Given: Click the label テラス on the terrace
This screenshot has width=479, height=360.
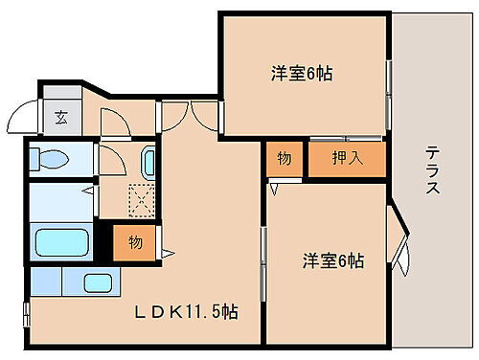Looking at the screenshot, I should pos(431,169).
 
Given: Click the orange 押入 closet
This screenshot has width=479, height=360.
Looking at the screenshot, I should pos(347,159).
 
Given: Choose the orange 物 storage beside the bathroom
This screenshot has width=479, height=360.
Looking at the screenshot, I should pos(135,242).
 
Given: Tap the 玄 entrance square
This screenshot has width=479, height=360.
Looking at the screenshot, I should pos(60,119).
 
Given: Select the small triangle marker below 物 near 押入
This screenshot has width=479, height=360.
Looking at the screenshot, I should pos(275,190).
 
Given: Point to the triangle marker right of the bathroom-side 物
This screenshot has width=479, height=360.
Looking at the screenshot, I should pos(167,254).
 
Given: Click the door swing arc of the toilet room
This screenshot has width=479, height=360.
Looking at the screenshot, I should pos(113,124).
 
